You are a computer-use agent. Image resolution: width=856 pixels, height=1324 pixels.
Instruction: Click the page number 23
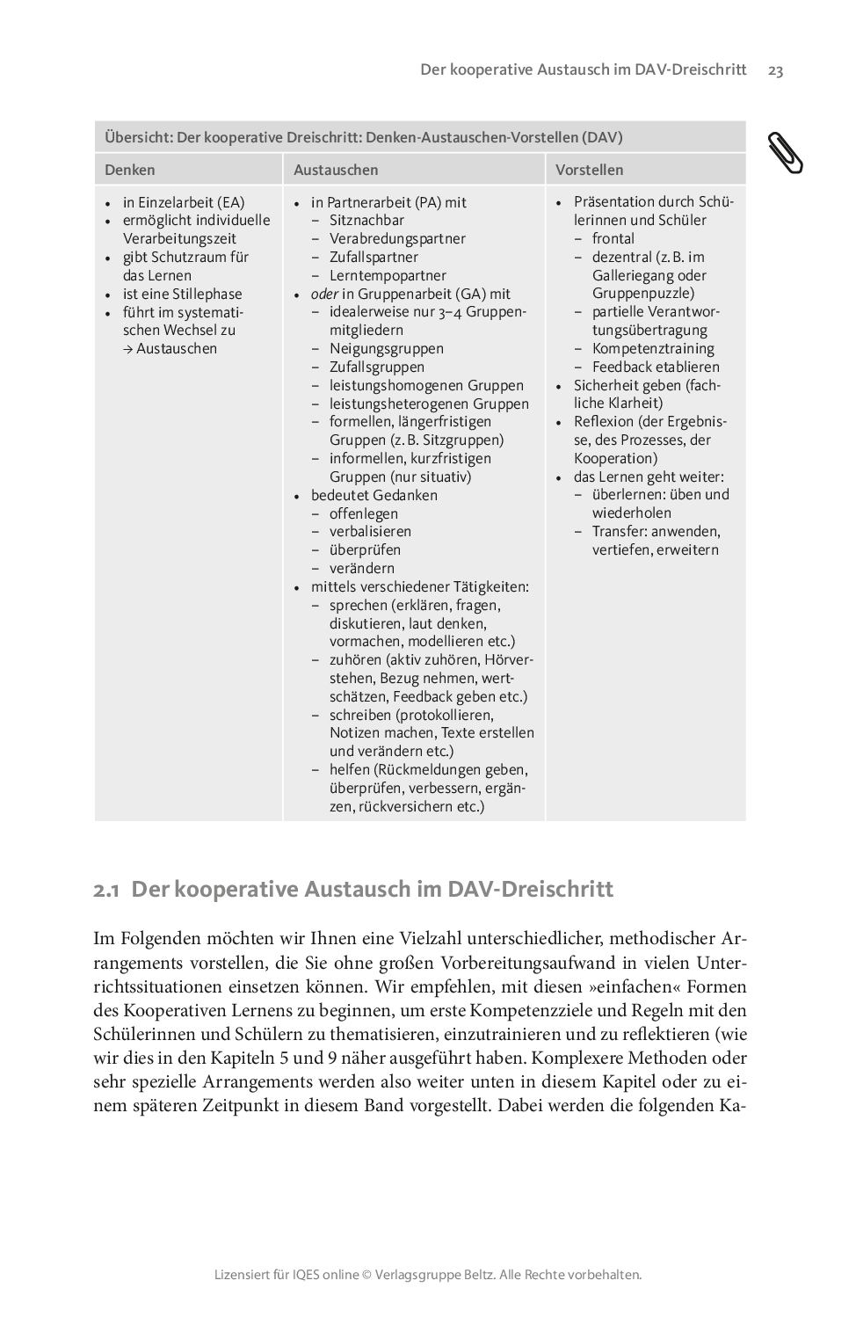(x=775, y=70)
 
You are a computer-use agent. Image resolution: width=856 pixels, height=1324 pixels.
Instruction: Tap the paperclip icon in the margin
(x=784, y=152)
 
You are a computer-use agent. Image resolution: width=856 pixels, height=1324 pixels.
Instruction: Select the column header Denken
(x=130, y=170)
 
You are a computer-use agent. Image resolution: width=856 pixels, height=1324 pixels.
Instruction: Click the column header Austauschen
(x=336, y=170)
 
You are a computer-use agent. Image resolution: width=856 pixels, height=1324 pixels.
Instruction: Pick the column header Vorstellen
(x=589, y=170)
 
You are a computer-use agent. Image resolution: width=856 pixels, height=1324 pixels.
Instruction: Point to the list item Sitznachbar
(x=366, y=221)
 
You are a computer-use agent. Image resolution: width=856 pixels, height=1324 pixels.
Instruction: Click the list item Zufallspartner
(x=374, y=258)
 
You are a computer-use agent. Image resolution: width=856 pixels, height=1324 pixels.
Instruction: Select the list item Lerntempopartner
(x=388, y=276)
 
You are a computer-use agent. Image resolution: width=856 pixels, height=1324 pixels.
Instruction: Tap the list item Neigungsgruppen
(x=386, y=349)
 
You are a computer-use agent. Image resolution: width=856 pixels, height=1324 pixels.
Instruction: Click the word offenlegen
(x=364, y=513)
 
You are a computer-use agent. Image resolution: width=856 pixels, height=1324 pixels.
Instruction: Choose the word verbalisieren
(x=370, y=532)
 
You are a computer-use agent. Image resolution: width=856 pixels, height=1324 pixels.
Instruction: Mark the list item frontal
(x=613, y=239)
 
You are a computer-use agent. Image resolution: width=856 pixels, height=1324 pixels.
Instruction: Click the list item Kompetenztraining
(x=653, y=349)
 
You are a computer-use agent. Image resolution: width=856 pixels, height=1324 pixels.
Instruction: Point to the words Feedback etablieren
(x=656, y=367)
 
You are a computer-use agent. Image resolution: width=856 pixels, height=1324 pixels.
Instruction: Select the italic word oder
(x=324, y=295)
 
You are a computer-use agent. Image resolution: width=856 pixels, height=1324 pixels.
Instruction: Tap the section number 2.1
(x=106, y=890)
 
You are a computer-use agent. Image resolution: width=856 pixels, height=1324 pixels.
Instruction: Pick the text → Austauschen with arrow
(x=170, y=349)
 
